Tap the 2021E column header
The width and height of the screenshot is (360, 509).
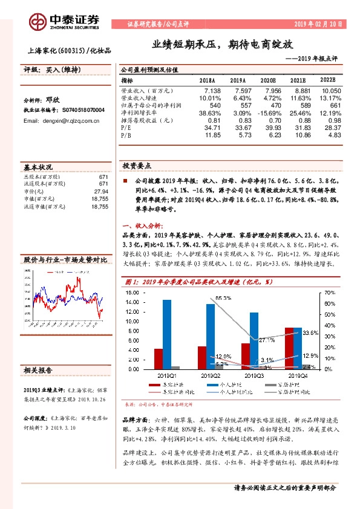coord(298,79)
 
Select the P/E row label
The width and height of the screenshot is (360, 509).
coord(126,128)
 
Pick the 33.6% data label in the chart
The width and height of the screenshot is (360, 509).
coord(310,333)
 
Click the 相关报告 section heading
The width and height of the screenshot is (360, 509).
coord(38,370)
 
